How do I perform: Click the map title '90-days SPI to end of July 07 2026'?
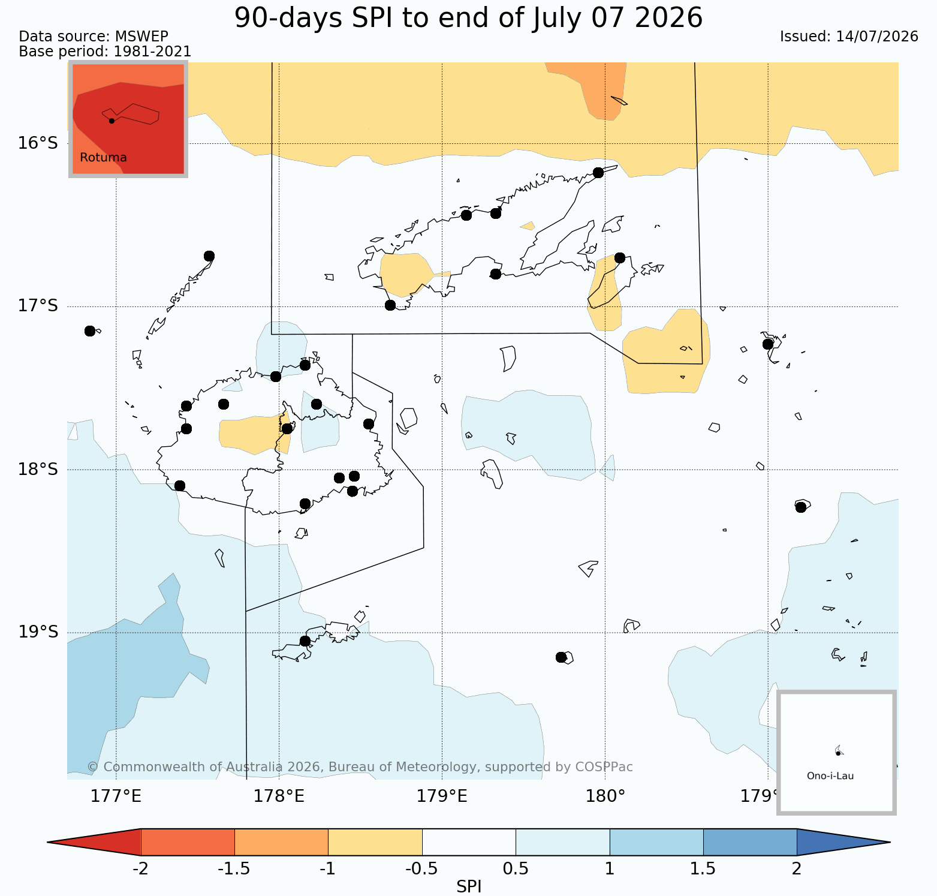pyautogui.click(x=468, y=18)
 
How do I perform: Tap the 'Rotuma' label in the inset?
pyautogui.click(x=103, y=158)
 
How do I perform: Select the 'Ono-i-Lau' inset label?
pyautogui.click(x=830, y=776)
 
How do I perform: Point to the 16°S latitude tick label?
pyautogui.click(x=38, y=143)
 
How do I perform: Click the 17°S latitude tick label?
pyautogui.click(x=38, y=306)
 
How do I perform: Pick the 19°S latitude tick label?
pyautogui.click(x=38, y=632)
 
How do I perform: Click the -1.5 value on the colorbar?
pyautogui.click(x=234, y=869)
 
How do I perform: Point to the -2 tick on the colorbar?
pyautogui.click(x=140, y=869)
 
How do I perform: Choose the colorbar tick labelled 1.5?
pyautogui.click(x=703, y=869)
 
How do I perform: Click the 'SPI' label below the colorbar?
pyautogui.click(x=469, y=886)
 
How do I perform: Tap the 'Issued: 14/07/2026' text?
pyautogui.click(x=849, y=37)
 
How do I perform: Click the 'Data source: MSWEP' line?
pyautogui.click(x=94, y=37)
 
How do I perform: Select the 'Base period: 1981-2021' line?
pyautogui.click(x=105, y=52)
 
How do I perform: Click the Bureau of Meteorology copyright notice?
pyautogui.click(x=360, y=767)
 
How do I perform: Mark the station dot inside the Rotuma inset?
pyautogui.click(x=112, y=121)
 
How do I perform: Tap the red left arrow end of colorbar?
pyautogui.click(x=94, y=842)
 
